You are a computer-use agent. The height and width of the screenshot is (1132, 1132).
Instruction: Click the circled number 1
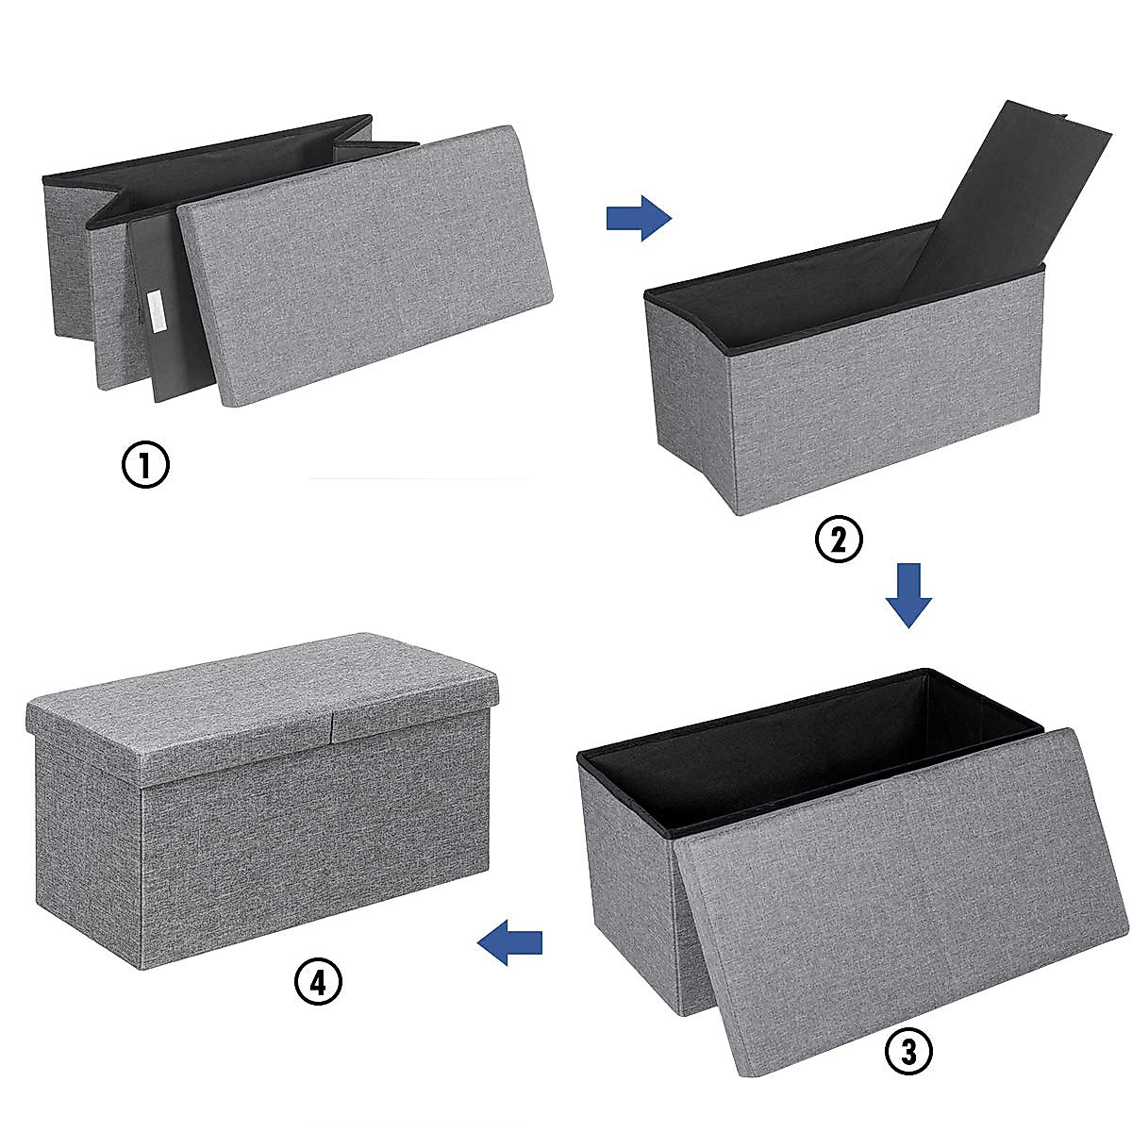(146, 466)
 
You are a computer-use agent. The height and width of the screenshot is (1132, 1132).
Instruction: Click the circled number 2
(839, 540)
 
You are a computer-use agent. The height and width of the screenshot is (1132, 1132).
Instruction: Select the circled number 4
(318, 983)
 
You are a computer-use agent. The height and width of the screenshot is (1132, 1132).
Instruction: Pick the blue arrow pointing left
(510, 941)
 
